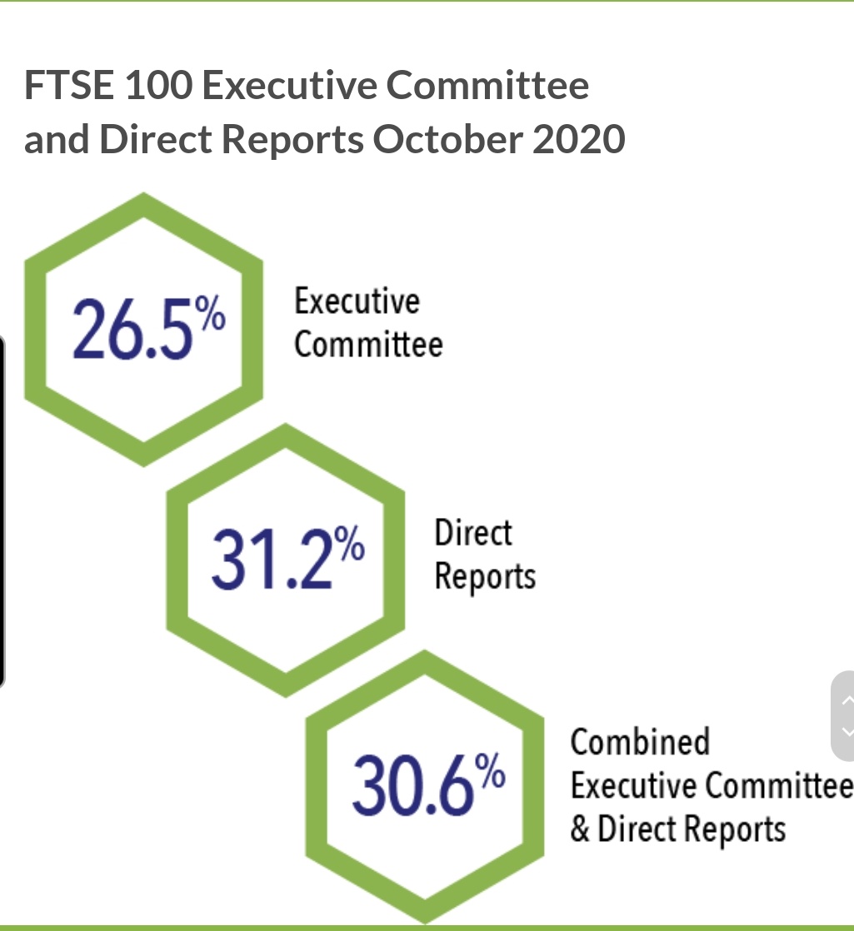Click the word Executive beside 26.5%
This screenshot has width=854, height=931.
tap(357, 301)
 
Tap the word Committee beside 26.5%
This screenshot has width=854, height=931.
tap(368, 344)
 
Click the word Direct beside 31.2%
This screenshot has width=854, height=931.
tap(472, 532)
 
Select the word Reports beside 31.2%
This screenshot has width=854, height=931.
tap(485, 577)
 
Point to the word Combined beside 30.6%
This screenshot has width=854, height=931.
tap(640, 740)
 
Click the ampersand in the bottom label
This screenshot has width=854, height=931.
tap(580, 829)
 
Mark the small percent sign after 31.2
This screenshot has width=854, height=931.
tap(352, 546)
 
